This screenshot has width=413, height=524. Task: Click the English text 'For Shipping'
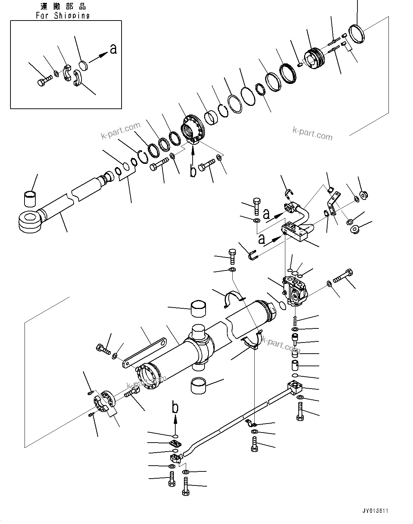click(x=63, y=15)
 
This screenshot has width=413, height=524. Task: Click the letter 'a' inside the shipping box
click(x=113, y=49)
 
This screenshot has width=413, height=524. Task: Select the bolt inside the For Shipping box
click(x=43, y=81)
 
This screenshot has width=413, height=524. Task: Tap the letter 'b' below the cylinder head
click(x=194, y=171)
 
